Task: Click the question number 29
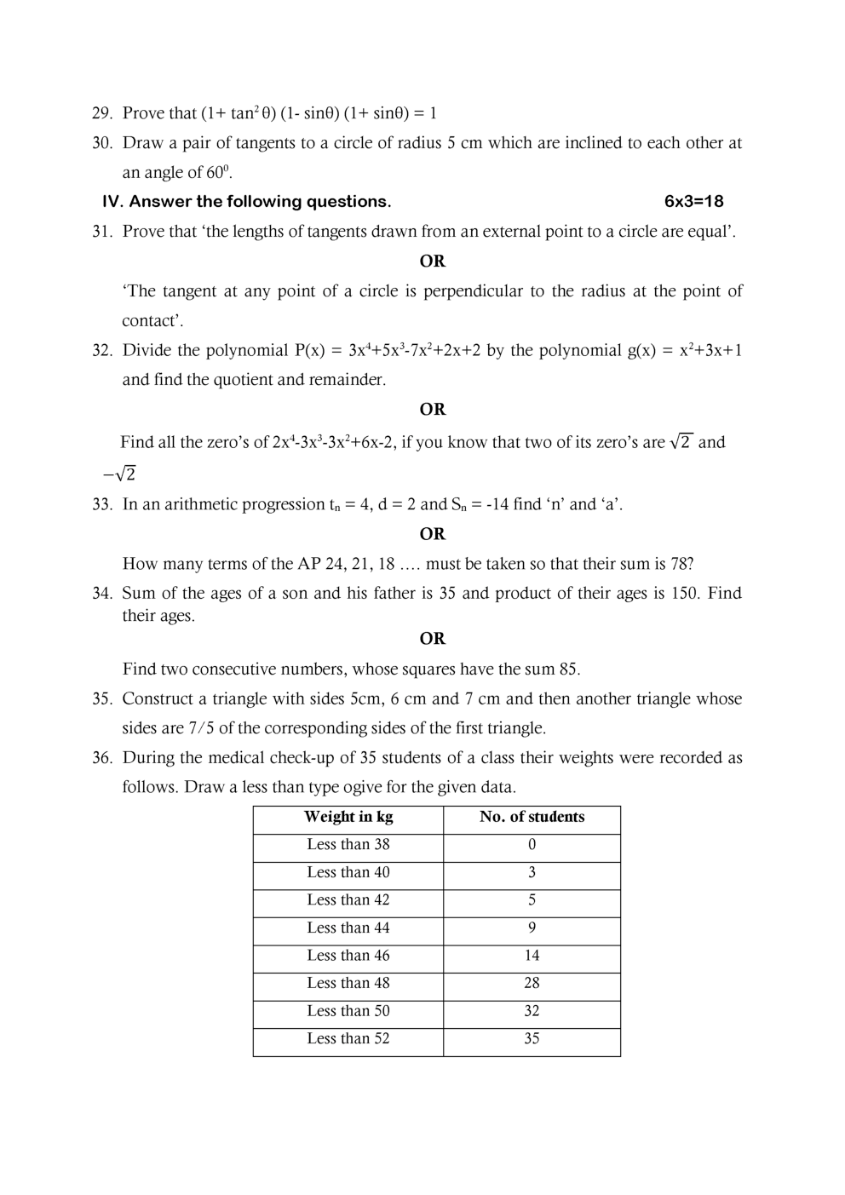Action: (101, 113)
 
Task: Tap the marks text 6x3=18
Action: (693, 202)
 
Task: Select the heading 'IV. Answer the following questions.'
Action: (246, 202)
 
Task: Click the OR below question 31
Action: (433, 261)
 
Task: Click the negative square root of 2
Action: (119, 474)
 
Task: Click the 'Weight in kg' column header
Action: (348, 818)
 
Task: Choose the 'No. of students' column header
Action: (532, 818)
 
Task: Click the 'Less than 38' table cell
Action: (348, 845)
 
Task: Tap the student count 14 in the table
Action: (532, 956)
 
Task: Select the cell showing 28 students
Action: (532, 984)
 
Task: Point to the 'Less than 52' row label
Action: (348, 1039)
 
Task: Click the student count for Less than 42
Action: (532, 900)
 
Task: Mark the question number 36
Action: (101, 758)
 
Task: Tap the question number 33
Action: (101, 505)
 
